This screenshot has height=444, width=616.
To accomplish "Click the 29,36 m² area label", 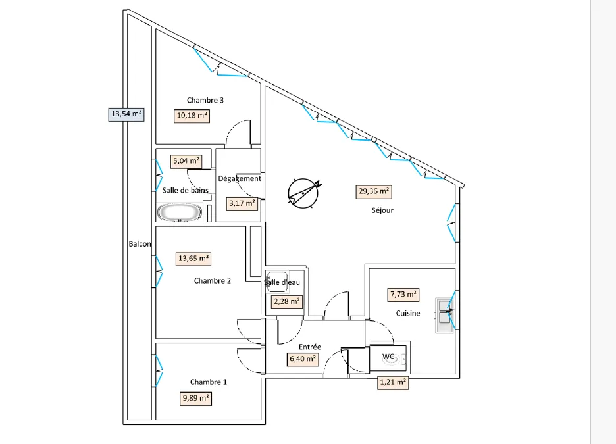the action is click(x=374, y=191).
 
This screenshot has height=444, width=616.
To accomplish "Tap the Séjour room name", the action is click(x=382, y=210).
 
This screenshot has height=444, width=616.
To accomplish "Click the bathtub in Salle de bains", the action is click(x=180, y=212).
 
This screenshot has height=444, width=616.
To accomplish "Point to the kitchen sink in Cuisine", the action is click(x=444, y=316).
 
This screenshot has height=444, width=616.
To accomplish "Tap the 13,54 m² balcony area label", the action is click(x=126, y=114).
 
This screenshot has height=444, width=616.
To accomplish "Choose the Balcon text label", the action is click(x=140, y=244).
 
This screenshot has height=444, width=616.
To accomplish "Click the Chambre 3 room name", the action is click(x=205, y=100).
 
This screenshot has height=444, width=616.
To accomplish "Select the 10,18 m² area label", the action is click(x=192, y=116).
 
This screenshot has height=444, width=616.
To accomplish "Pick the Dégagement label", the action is click(x=240, y=179).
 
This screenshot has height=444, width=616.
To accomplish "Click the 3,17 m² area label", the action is click(x=242, y=203).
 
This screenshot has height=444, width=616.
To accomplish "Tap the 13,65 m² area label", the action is click(x=193, y=259).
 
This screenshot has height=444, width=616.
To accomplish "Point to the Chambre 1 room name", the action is click(x=208, y=382).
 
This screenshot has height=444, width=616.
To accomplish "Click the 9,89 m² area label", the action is click(x=195, y=399).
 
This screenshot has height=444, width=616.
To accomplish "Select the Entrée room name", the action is click(x=309, y=347).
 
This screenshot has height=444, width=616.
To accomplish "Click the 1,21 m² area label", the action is click(x=393, y=382).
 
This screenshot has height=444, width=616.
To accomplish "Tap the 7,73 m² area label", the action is click(x=403, y=295).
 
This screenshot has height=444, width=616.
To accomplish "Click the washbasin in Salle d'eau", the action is click(x=277, y=282).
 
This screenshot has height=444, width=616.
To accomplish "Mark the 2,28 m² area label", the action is click(x=287, y=302).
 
